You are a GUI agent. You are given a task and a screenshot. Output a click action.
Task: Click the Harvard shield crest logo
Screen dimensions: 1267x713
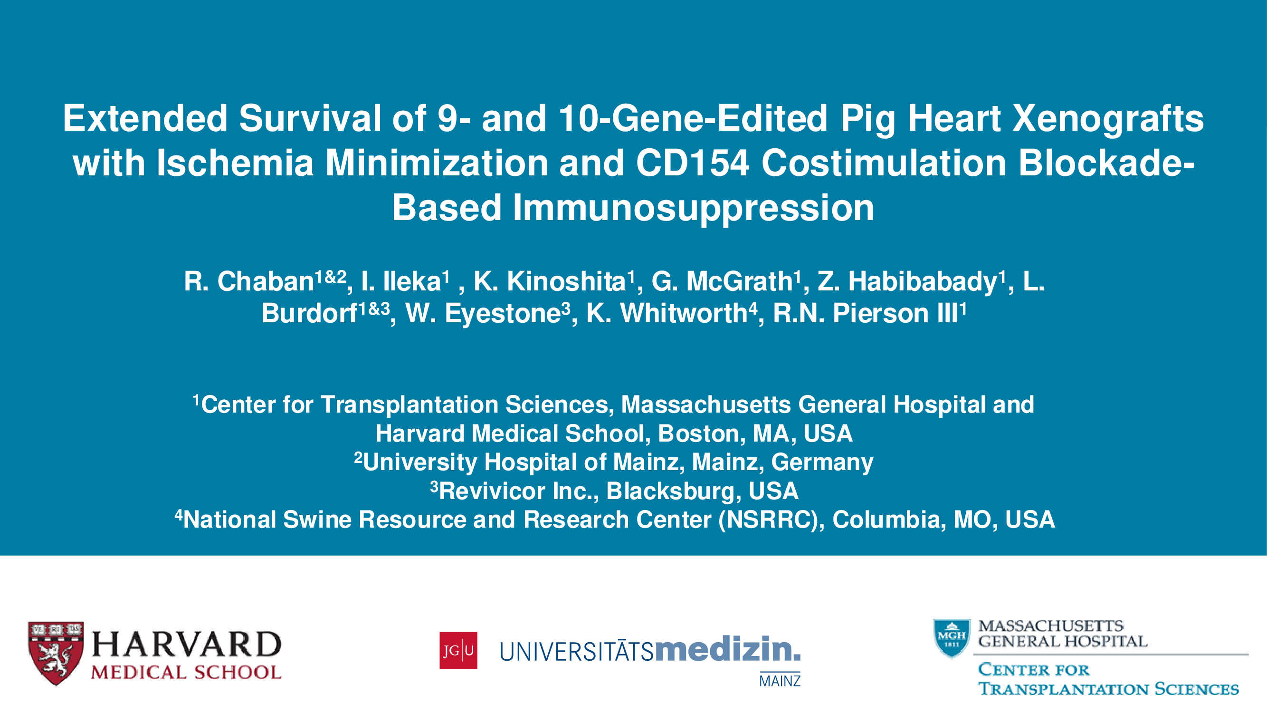point(56,653)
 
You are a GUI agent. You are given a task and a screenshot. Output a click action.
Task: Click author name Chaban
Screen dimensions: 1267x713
point(266,281)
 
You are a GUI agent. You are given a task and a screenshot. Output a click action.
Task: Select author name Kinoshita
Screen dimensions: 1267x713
point(566,281)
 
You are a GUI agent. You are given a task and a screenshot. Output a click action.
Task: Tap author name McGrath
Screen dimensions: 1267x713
point(739,281)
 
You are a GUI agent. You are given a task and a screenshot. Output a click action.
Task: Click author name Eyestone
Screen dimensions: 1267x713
point(503,314)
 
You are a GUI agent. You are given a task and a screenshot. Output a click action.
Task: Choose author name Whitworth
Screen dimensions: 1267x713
point(684,313)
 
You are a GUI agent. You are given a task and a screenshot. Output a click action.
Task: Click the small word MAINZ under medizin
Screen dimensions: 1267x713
point(780,681)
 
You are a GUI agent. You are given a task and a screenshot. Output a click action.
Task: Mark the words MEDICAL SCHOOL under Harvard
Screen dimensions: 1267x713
point(186,673)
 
